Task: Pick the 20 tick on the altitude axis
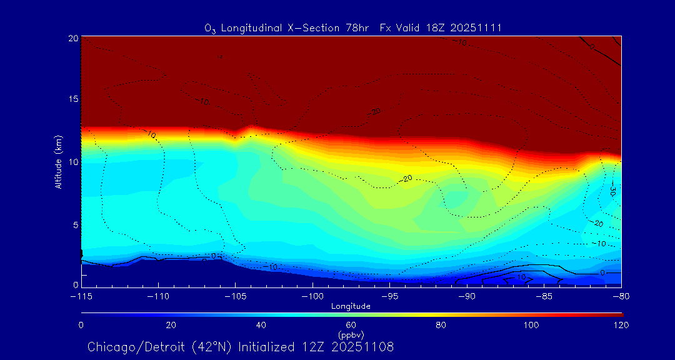pyautogui.click(x=72, y=38)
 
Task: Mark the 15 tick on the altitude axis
pyautogui.click(x=72, y=99)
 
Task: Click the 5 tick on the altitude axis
pyautogui.click(x=74, y=224)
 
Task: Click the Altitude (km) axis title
pyautogui.click(x=58, y=162)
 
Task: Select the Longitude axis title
pyautogui.click(x=351, y=306)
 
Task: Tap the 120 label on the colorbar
pyautogui.click(x=621, y=325)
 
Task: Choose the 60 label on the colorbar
pyautogui.click(x=351, y=325)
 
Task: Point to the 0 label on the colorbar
pyautogui.click(x=81, y=325)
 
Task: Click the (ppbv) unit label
pyautogui.click(x=351, y=335)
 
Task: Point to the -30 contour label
pyautogui.click(x=612, y=191)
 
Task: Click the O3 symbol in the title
pyautogui.click(x=210, y=28)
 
